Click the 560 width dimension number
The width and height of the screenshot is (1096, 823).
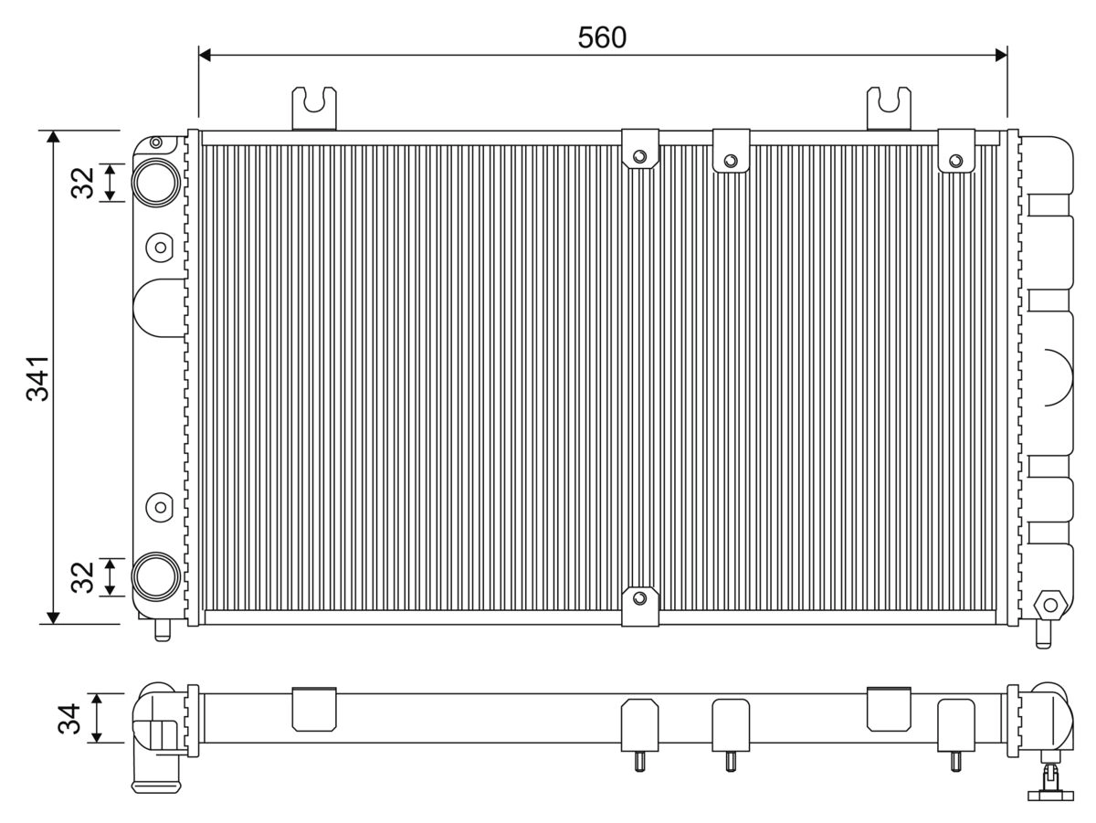coord(602,37)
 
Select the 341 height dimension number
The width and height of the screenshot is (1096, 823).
coord(37,377)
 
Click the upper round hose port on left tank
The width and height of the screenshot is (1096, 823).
coord(155,180)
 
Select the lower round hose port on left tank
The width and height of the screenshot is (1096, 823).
coord(155,576)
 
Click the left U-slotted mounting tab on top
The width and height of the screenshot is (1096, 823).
coord(314,107)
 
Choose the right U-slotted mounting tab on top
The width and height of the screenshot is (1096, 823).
coord(889,107)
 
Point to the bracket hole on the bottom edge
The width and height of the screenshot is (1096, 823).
coord(639,598)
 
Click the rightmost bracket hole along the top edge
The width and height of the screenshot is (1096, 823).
coord(956,161)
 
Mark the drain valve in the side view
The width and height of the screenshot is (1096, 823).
coord(1048,781)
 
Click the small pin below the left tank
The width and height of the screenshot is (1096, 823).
coord(163,629)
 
